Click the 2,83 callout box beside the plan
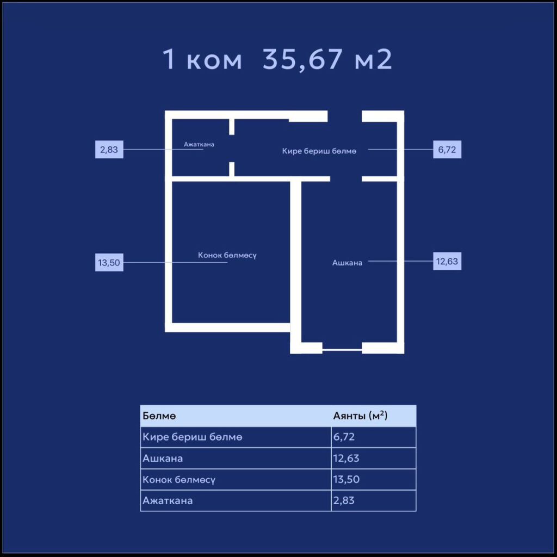pyautogui.click(x=109, y=150)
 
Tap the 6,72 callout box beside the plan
pyautogui.click(x=447, y=150)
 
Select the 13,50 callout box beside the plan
pyautogui.click(x=109, y=263)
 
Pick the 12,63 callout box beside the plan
pyautogui.click(x=447, y=261)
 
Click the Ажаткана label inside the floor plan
pyautogui.click(x=199, y=144)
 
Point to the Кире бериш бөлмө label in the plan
pyautogui.click(x=319, y=151)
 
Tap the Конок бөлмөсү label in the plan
pyautogui.click(x=227, y=256)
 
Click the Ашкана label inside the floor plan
pyautogui.click(x=348, y=263)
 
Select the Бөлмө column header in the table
pyautogui.click(x=159, y=416)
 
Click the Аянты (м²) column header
pyautogui.click(x=360, y=416)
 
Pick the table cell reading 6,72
pyautogui.click(x=344, y=437)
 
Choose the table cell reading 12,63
pyautogui.click(x=346, y=458)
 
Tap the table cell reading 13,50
pyautogui.click(x=346, y=479)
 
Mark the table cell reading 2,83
pyautogui.click(x=344, y=500)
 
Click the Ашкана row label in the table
pyautogui.click(x=163, y=458)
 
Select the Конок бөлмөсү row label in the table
pyautogui.click(x=178, y=480)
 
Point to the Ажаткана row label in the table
pyautogui.click(x=168, y=500)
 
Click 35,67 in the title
pyautogui.click(x=302, y=59)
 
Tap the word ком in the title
pyautogui.click(x=214, y=61)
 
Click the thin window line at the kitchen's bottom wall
pyautogui.click(x=342, y=350)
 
